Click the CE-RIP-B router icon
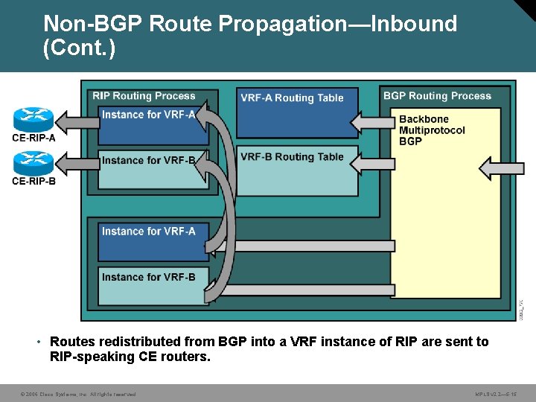tap(33, 163)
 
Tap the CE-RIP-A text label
tap(33, 137)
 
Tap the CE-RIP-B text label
tap(33, 179)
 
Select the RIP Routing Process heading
tap(144, 96)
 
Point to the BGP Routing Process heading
tap(437, 96)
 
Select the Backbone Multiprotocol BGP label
tap(432, 130)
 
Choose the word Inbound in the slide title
tap(414, 24)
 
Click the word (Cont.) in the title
tap(79, 48)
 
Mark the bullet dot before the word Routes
tap(38, 342)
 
